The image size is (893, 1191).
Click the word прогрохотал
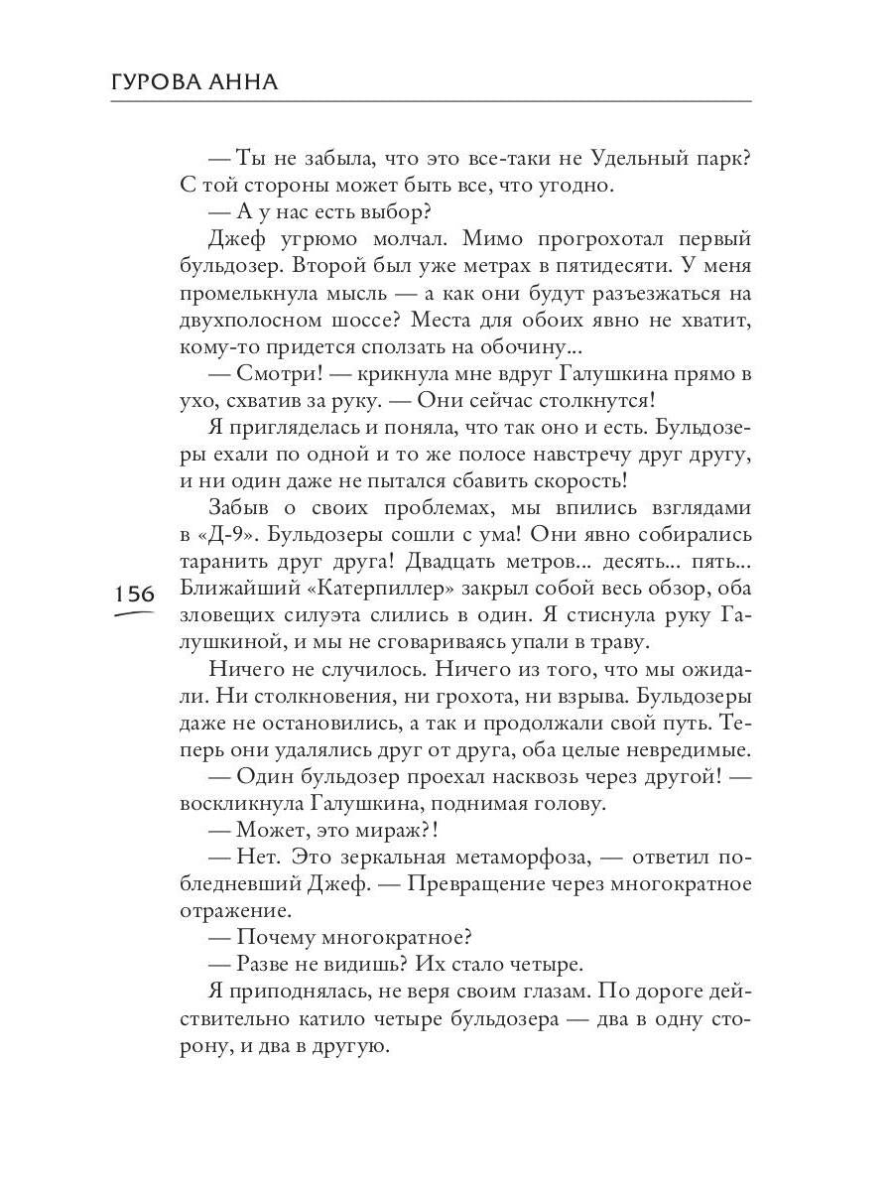(591, 239)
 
